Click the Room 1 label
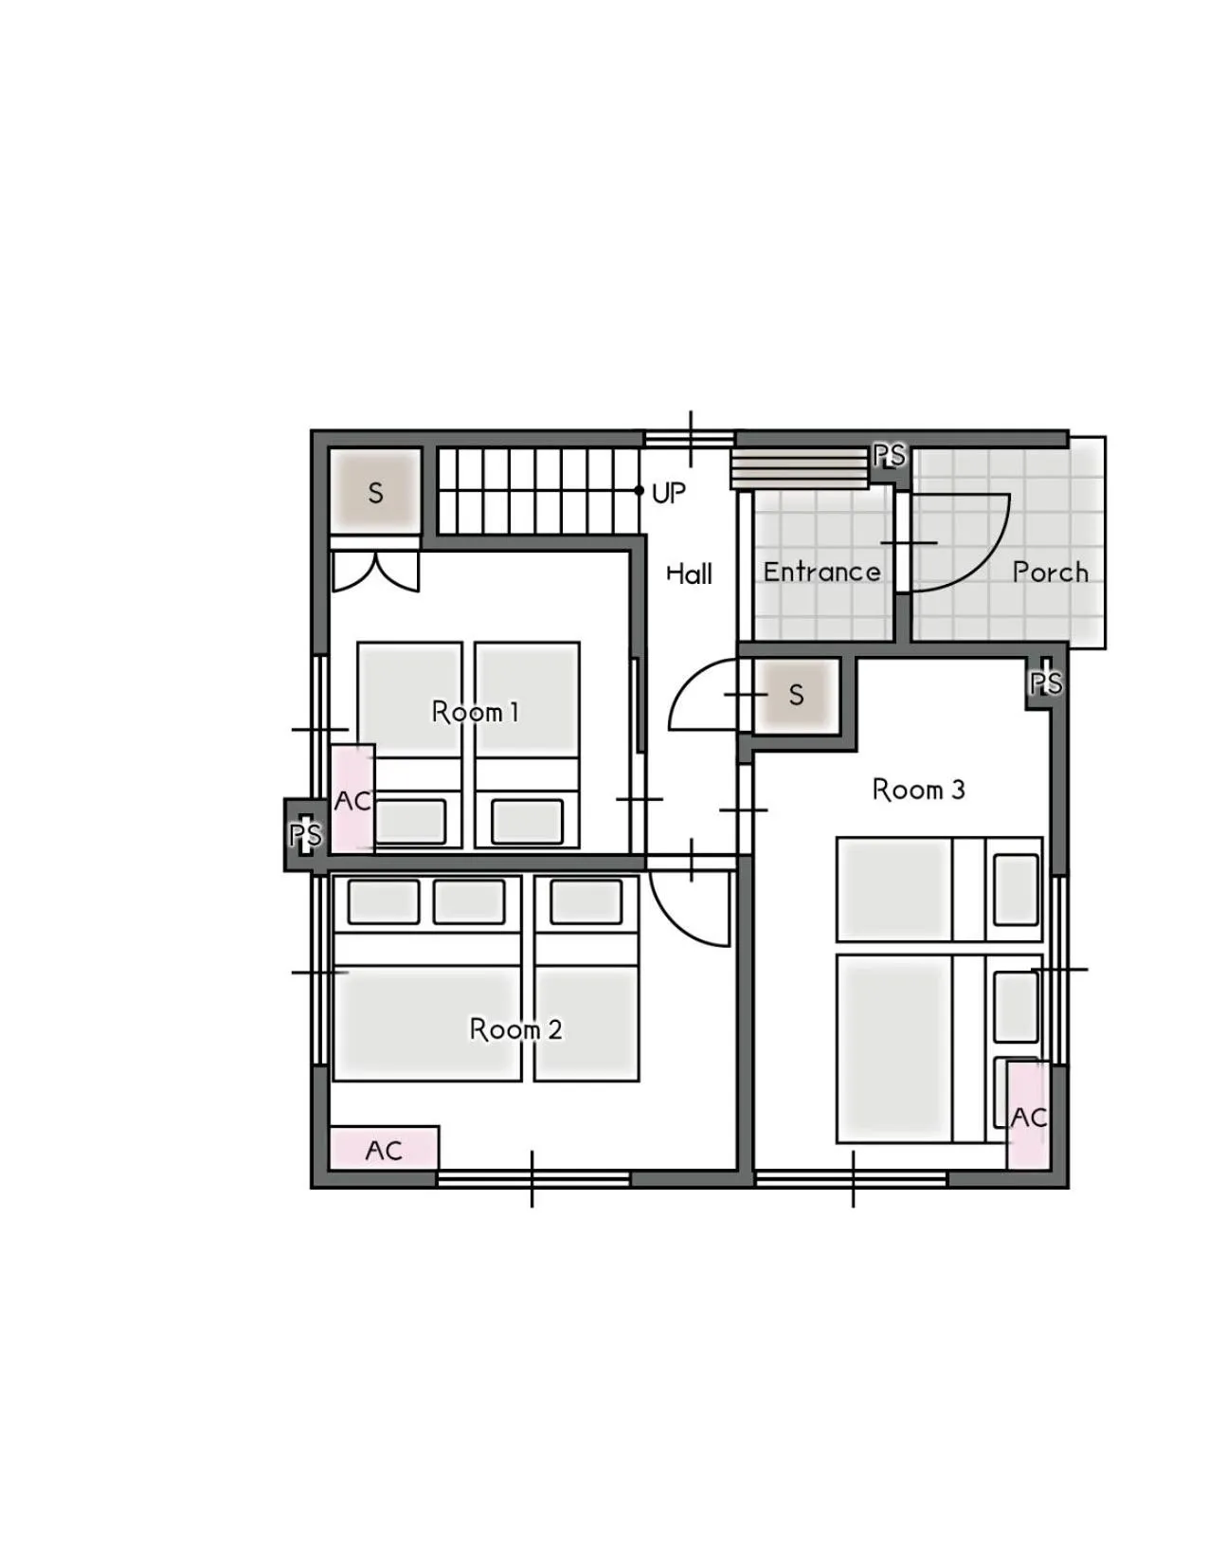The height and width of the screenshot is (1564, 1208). [x=475, y=712]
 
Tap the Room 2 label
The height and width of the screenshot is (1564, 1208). [x=515, y=1028]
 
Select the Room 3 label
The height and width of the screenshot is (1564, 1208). [x=918, y=789]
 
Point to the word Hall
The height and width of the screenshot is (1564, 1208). [x=689, y=573]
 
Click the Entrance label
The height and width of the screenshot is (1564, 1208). [x=821, y=572]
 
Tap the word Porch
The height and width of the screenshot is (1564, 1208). [x=1050, y=572]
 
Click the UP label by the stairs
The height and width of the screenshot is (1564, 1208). [x=669, y=492]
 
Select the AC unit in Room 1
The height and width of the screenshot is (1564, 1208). [x=352, y=799]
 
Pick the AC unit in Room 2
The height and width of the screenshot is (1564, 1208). [x=384, y=1149]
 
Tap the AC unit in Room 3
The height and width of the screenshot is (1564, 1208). [x=1028, y=1116]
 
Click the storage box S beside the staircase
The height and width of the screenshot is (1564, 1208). [x=375, y=492]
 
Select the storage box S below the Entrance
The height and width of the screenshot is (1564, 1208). [x=796, y=695]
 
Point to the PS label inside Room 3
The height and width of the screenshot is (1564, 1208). [x=1046, y=682]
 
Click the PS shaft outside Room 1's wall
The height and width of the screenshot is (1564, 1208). [x=305, y=834]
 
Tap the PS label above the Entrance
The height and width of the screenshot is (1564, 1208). [x=889, y=456]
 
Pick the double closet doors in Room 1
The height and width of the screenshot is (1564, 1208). [x=375, y=572]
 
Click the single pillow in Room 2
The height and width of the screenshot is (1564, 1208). [x=586, y=900]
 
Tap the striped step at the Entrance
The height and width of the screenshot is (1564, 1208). [x=800, y=469]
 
